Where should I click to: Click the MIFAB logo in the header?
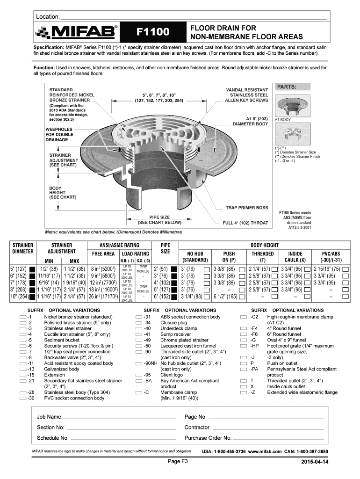76,32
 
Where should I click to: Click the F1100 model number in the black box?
153,32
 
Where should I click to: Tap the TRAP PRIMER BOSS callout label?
247,208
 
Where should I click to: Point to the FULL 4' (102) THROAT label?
245,223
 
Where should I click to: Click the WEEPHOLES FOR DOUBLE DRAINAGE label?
59,134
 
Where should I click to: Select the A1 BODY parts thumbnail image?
293,106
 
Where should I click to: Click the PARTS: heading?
287,87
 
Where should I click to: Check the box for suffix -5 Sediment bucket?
23,341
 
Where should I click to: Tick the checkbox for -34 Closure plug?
139,323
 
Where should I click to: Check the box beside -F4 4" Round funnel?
244,329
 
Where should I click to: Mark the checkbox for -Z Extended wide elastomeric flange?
244,392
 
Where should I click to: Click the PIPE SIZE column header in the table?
165,248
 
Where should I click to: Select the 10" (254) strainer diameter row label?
19,296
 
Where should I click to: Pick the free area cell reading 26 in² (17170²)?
103,296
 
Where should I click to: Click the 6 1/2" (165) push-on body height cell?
225,296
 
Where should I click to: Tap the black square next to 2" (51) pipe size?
174,269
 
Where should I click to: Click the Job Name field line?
120,418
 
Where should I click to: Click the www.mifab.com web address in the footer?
265,451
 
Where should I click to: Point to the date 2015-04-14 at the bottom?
315,462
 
